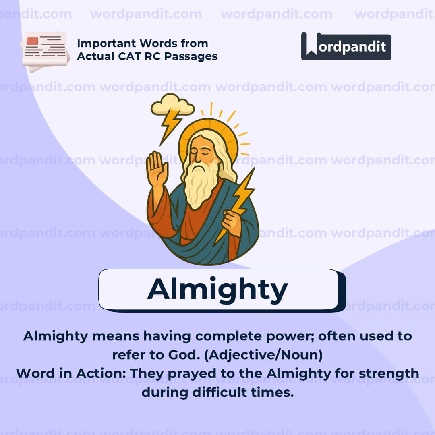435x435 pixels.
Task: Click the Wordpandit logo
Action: pyautogui.click(x=346, y=46)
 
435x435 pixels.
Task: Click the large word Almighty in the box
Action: pyautogui.click(x=217, y=290)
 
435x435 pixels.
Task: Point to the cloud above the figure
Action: pyautogui.click(x=172, y=104)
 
